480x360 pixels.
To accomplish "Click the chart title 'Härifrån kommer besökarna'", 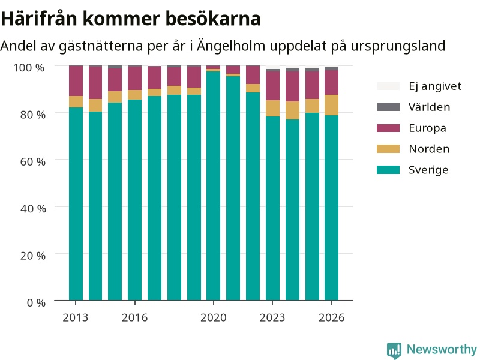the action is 131,19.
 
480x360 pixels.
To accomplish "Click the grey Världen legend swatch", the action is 388,107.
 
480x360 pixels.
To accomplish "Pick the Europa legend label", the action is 427,128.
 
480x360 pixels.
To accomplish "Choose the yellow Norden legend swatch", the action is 388,149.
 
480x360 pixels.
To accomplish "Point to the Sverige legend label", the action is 428,170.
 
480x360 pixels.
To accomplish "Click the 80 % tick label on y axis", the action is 33,115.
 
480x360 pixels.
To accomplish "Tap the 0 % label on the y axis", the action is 36,303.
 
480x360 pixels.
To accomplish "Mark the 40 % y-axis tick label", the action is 33,209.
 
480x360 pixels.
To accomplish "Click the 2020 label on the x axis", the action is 214,318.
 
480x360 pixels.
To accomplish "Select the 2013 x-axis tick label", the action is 76,318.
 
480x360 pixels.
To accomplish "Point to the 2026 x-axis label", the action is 332,318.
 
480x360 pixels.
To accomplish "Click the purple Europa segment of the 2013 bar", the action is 76,81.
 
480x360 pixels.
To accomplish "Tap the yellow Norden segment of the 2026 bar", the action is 332,105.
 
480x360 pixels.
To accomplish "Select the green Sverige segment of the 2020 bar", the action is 214,186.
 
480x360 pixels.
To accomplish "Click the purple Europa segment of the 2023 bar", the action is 272,86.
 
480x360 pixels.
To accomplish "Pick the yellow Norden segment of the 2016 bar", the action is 134,95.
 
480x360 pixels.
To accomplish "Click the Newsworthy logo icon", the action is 394,350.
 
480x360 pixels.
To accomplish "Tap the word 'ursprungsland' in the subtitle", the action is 398,46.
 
